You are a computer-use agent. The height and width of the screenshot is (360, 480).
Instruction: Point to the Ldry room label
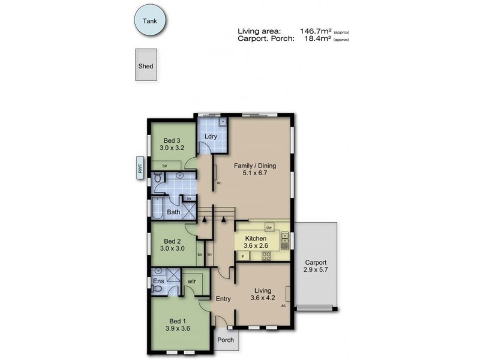point(210,136)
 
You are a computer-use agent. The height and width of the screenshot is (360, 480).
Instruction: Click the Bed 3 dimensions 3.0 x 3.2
point(172,146)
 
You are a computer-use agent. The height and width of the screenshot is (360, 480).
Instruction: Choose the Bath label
point(173,212)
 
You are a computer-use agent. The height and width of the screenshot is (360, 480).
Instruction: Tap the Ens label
point(158,281)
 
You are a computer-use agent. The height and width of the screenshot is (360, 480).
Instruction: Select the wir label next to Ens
point(192,281)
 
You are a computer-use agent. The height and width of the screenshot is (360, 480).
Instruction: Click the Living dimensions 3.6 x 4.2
point(262,296)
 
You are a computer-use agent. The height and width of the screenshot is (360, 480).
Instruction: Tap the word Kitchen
point(256,238)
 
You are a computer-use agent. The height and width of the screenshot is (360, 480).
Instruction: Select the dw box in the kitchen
point(269,227)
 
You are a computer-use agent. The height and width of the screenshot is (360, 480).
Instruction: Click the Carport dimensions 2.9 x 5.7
point(316,270)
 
